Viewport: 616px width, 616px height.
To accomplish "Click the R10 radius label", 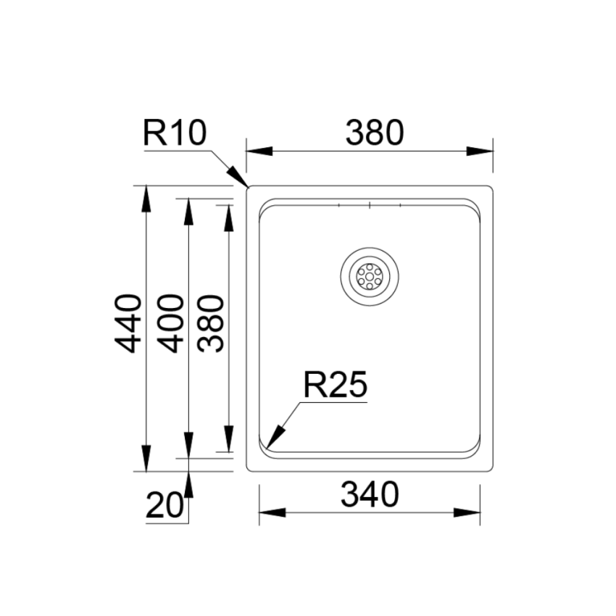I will [x=175, y=133].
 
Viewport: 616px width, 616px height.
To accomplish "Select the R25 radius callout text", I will [x=336, y=385].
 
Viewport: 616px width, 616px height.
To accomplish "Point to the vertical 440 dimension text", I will [x=128, y=322].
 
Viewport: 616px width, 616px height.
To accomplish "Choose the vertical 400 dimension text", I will [x=170, y=322].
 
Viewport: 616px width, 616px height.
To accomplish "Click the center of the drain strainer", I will [x=369, y=276].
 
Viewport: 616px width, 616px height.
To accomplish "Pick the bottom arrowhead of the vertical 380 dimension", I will [x=229, y=441].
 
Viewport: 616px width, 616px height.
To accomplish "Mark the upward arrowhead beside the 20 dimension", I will [x=188, y=483].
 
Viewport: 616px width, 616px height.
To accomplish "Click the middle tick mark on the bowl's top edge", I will [x=370, y=206].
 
